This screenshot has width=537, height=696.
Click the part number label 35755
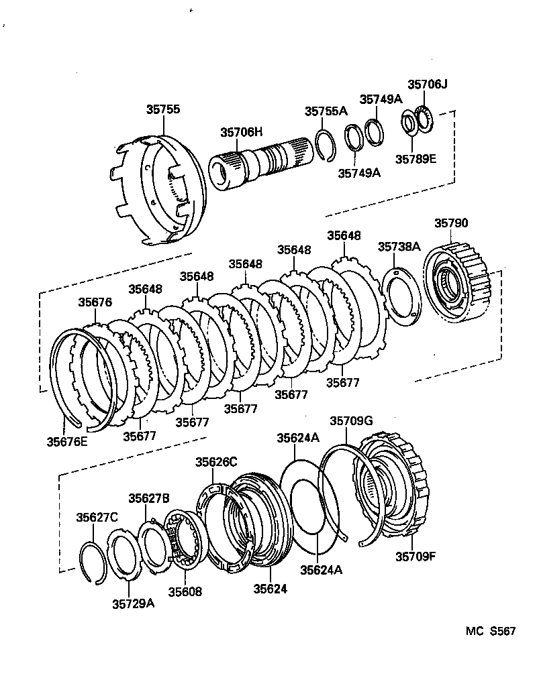(x=163, y=110)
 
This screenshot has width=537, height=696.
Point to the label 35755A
(x=326, y=111)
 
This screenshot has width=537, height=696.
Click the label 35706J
(x=427, y=84)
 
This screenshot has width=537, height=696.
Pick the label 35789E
(x=415, y=159)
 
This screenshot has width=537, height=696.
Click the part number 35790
(x=451, y=223)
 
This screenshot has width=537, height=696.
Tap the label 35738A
(x=399, y=247)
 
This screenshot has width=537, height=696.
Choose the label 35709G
(x=350, y=421)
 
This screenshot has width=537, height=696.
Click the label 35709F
(x=416, y=556)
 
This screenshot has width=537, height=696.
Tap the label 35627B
(x=149, y=498)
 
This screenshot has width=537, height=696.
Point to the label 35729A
(x=133, y=603)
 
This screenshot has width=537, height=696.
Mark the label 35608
(x=185, y=591)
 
